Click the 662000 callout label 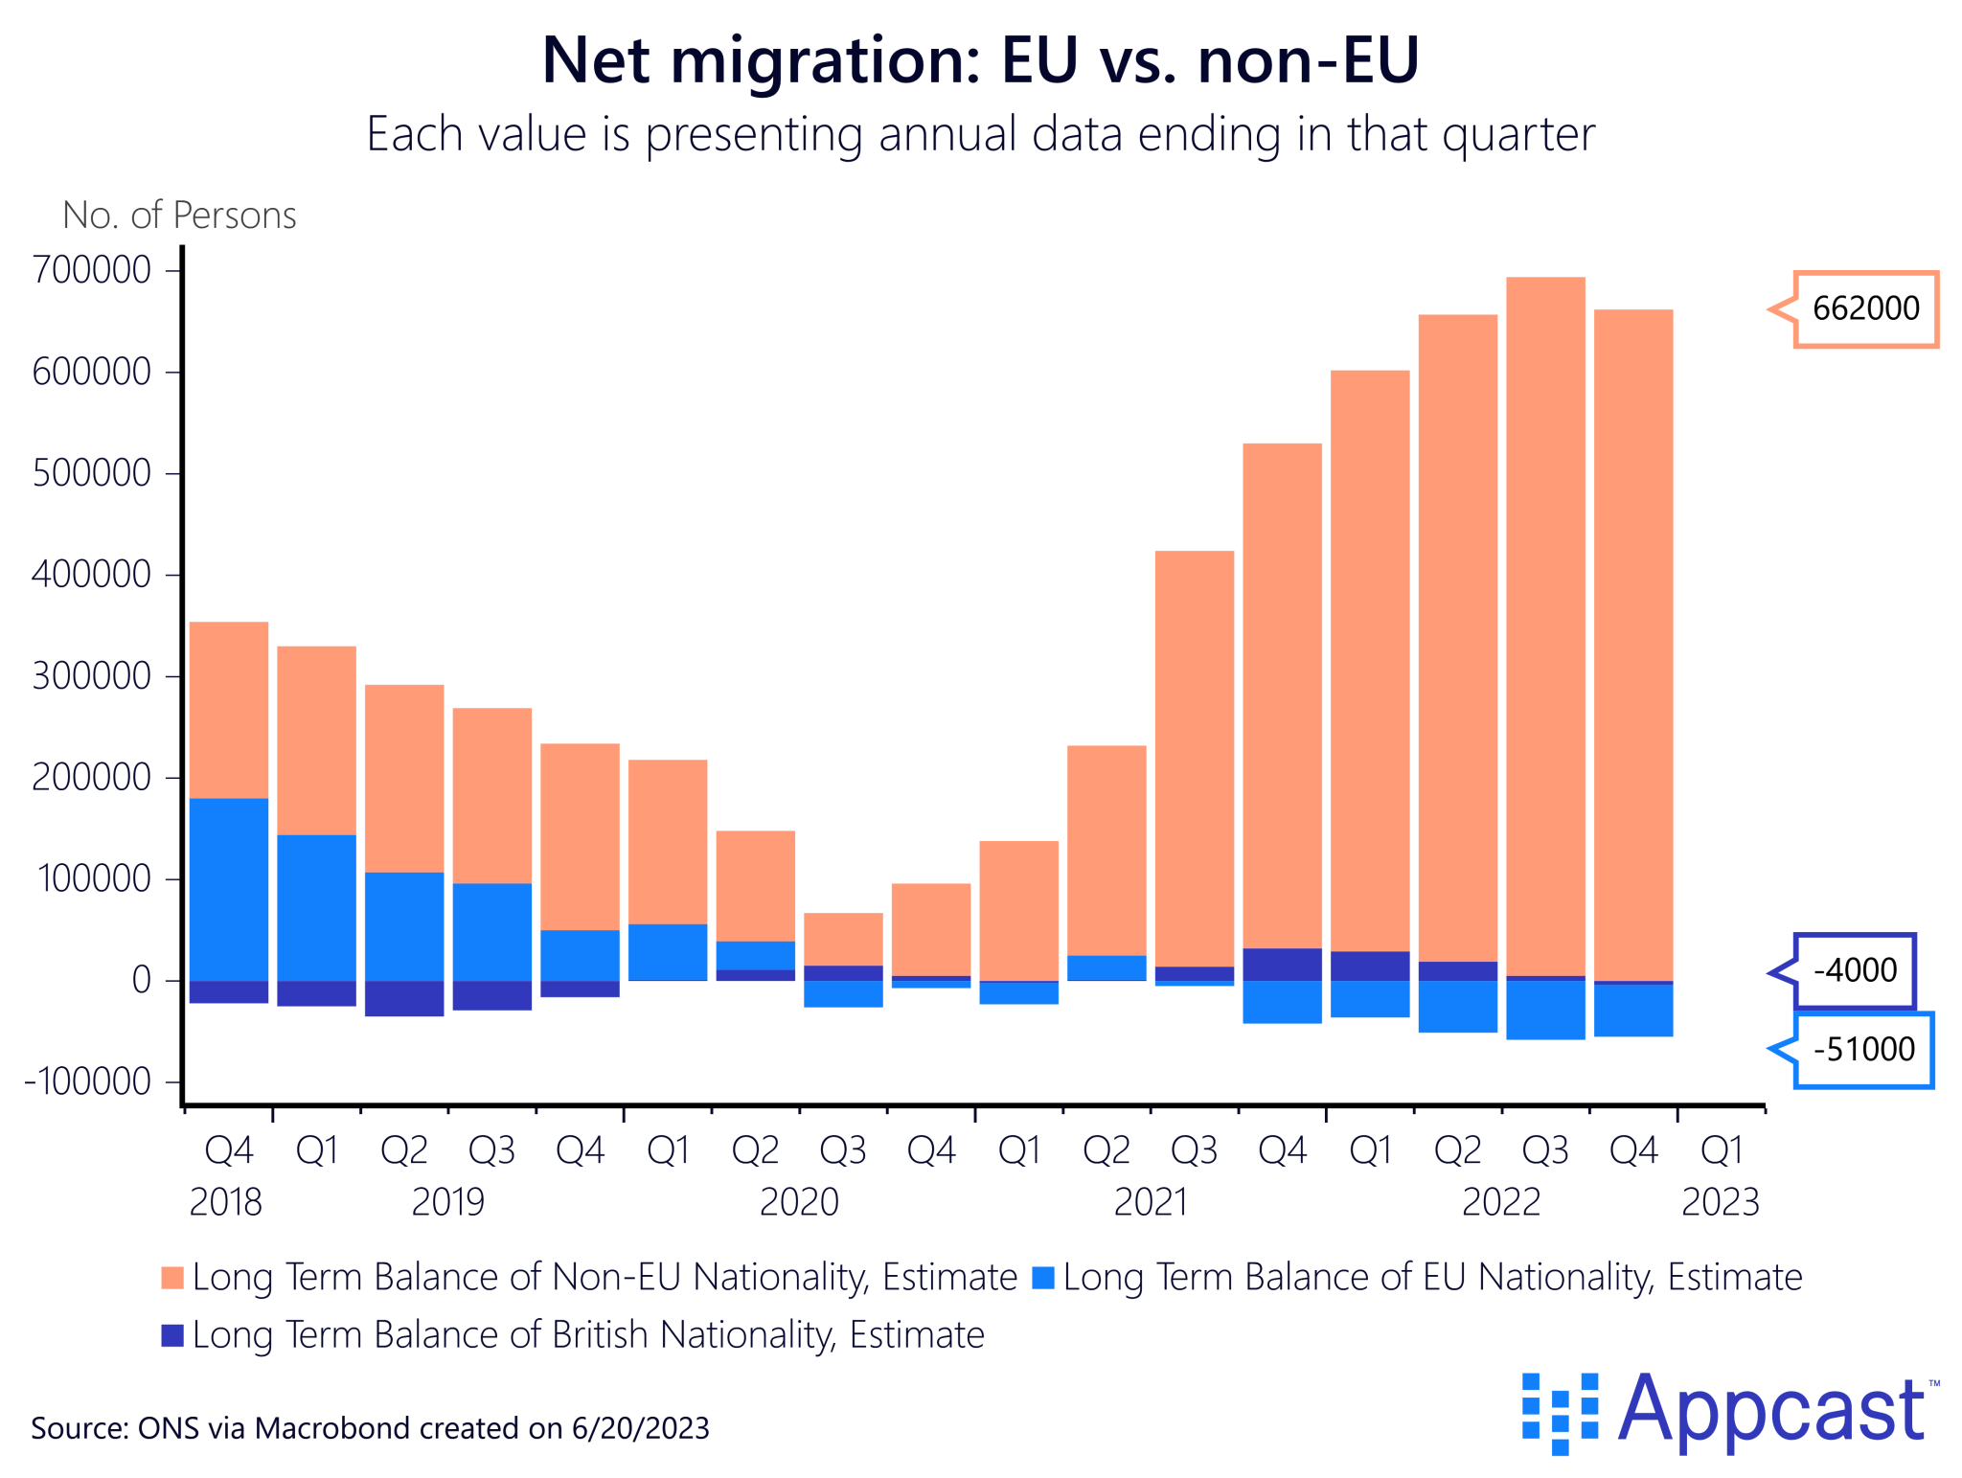(x=1864, y=308)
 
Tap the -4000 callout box (x=1854, y=970)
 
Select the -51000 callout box (x=1863, y=1049)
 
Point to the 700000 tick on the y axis (x=92, y=270)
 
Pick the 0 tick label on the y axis (x=141, y=980)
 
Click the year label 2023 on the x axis (x=1720, y=1201)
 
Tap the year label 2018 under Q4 (x=226, y=1201)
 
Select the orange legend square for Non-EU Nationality (x=172, y=1277)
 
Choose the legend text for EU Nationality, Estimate (x=1432, y=1277)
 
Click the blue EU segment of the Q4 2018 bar (x=229, y=889)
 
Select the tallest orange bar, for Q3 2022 (x=1544, y=623)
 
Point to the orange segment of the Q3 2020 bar (x=843, y=939)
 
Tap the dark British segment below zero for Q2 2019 (x=404, y=998)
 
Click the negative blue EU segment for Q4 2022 (x=1632, y=1011)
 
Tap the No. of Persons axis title (x=179, y=216)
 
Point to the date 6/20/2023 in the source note (x=640, y=1428)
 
